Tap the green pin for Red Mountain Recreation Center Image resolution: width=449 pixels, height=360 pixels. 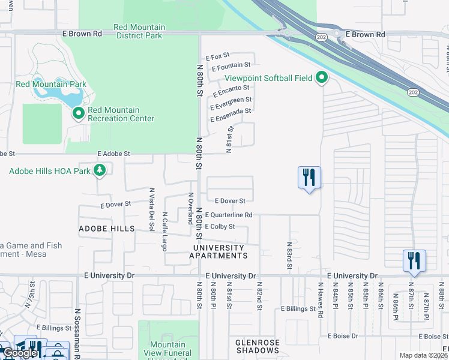78,113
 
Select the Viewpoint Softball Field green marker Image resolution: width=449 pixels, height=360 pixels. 322,77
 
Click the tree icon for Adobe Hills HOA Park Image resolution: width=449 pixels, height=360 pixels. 100,170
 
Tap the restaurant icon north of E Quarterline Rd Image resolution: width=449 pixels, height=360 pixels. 309,178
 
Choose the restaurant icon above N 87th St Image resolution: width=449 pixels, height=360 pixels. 414,261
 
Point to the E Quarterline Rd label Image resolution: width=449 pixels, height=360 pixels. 228,215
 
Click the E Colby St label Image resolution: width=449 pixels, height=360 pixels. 219,227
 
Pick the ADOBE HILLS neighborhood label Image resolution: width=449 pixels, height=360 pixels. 106,229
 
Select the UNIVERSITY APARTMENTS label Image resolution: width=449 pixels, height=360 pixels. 217,251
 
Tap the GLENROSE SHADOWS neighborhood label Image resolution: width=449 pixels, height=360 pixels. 258,346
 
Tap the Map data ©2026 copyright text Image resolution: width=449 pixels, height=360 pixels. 423,355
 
